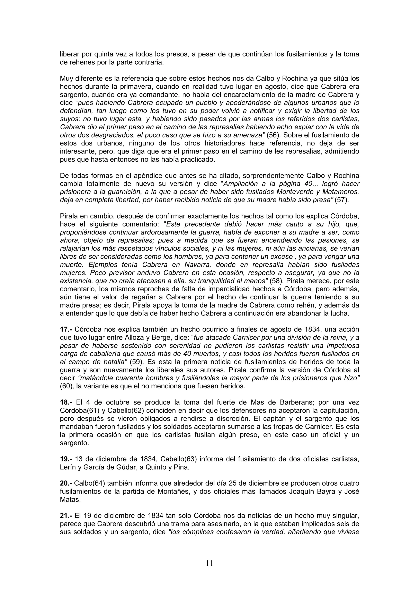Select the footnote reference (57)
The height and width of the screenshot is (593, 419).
click(341, 200)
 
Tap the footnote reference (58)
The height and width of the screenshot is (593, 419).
click(276, 281)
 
